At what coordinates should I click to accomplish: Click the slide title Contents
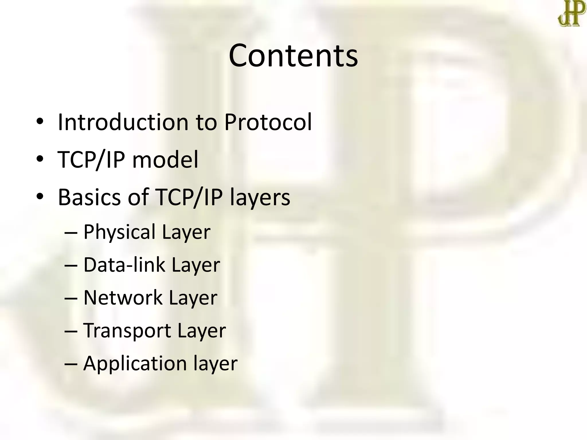click(293, 55)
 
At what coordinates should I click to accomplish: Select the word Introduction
click(123, 122)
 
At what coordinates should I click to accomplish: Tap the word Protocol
click(268, 122)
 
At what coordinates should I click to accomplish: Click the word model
click(165, 160)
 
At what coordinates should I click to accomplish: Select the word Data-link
click(124, 265)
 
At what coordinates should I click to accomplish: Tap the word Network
click(123, 298)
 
